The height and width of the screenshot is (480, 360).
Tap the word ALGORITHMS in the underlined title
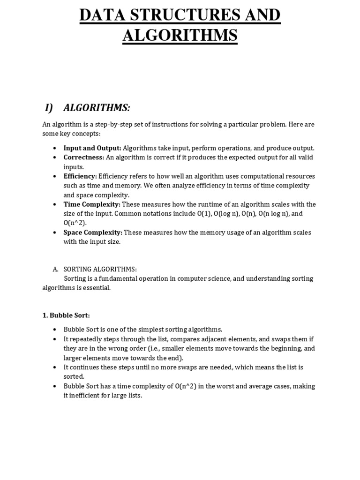tap(180, 35)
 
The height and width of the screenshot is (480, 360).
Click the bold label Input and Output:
tap(92, 148)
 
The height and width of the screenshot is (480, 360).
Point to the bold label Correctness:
tap(84, 157)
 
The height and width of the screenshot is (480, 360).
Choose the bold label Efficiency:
tap(80, 176)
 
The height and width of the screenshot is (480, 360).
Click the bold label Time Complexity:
tap(92, 204)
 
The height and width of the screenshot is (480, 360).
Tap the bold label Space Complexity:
tap(93, 232)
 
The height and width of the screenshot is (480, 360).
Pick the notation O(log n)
tap(226, 214)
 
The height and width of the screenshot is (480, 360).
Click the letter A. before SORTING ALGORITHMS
tap(55, 269)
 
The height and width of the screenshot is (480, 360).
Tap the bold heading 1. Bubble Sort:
tap(66, 315)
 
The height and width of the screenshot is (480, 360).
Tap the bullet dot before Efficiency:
tap(55, 177)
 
